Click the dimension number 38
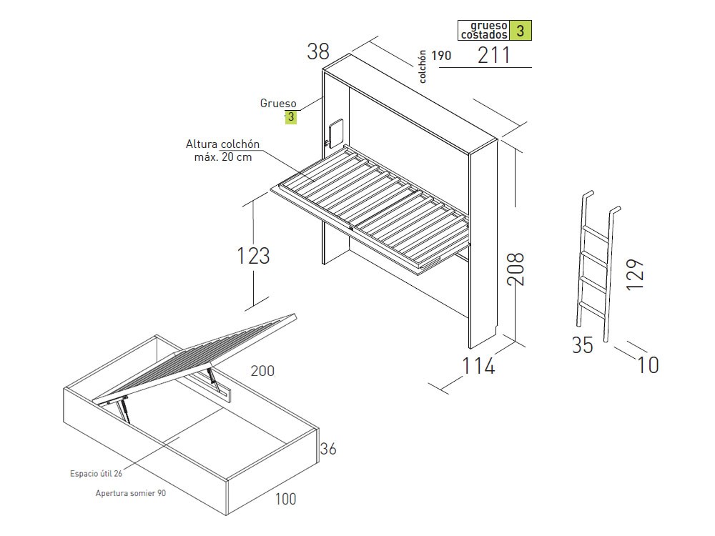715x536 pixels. (318, 51)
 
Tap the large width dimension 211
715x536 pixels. (493, 55)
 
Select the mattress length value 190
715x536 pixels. (441, 56)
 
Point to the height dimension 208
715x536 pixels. (516, 269)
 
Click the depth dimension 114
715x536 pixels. (478, 366)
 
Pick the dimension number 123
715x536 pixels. (253, 256)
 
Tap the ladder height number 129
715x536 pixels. (634, 274)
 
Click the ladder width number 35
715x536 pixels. (582, 345)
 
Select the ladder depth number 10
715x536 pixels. (648, 365)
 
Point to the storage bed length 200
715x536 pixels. (262, 371)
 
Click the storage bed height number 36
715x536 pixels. (328, 449)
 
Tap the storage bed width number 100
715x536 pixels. (285, 499)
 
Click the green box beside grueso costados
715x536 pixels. (520, 31)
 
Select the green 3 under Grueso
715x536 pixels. (291, 117)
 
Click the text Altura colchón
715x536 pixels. (222, 144)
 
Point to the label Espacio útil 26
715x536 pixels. (97, 474)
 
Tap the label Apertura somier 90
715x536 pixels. (131, 493)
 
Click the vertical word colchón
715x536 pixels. (423, 66)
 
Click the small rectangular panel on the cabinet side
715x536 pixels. (335, 133)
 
